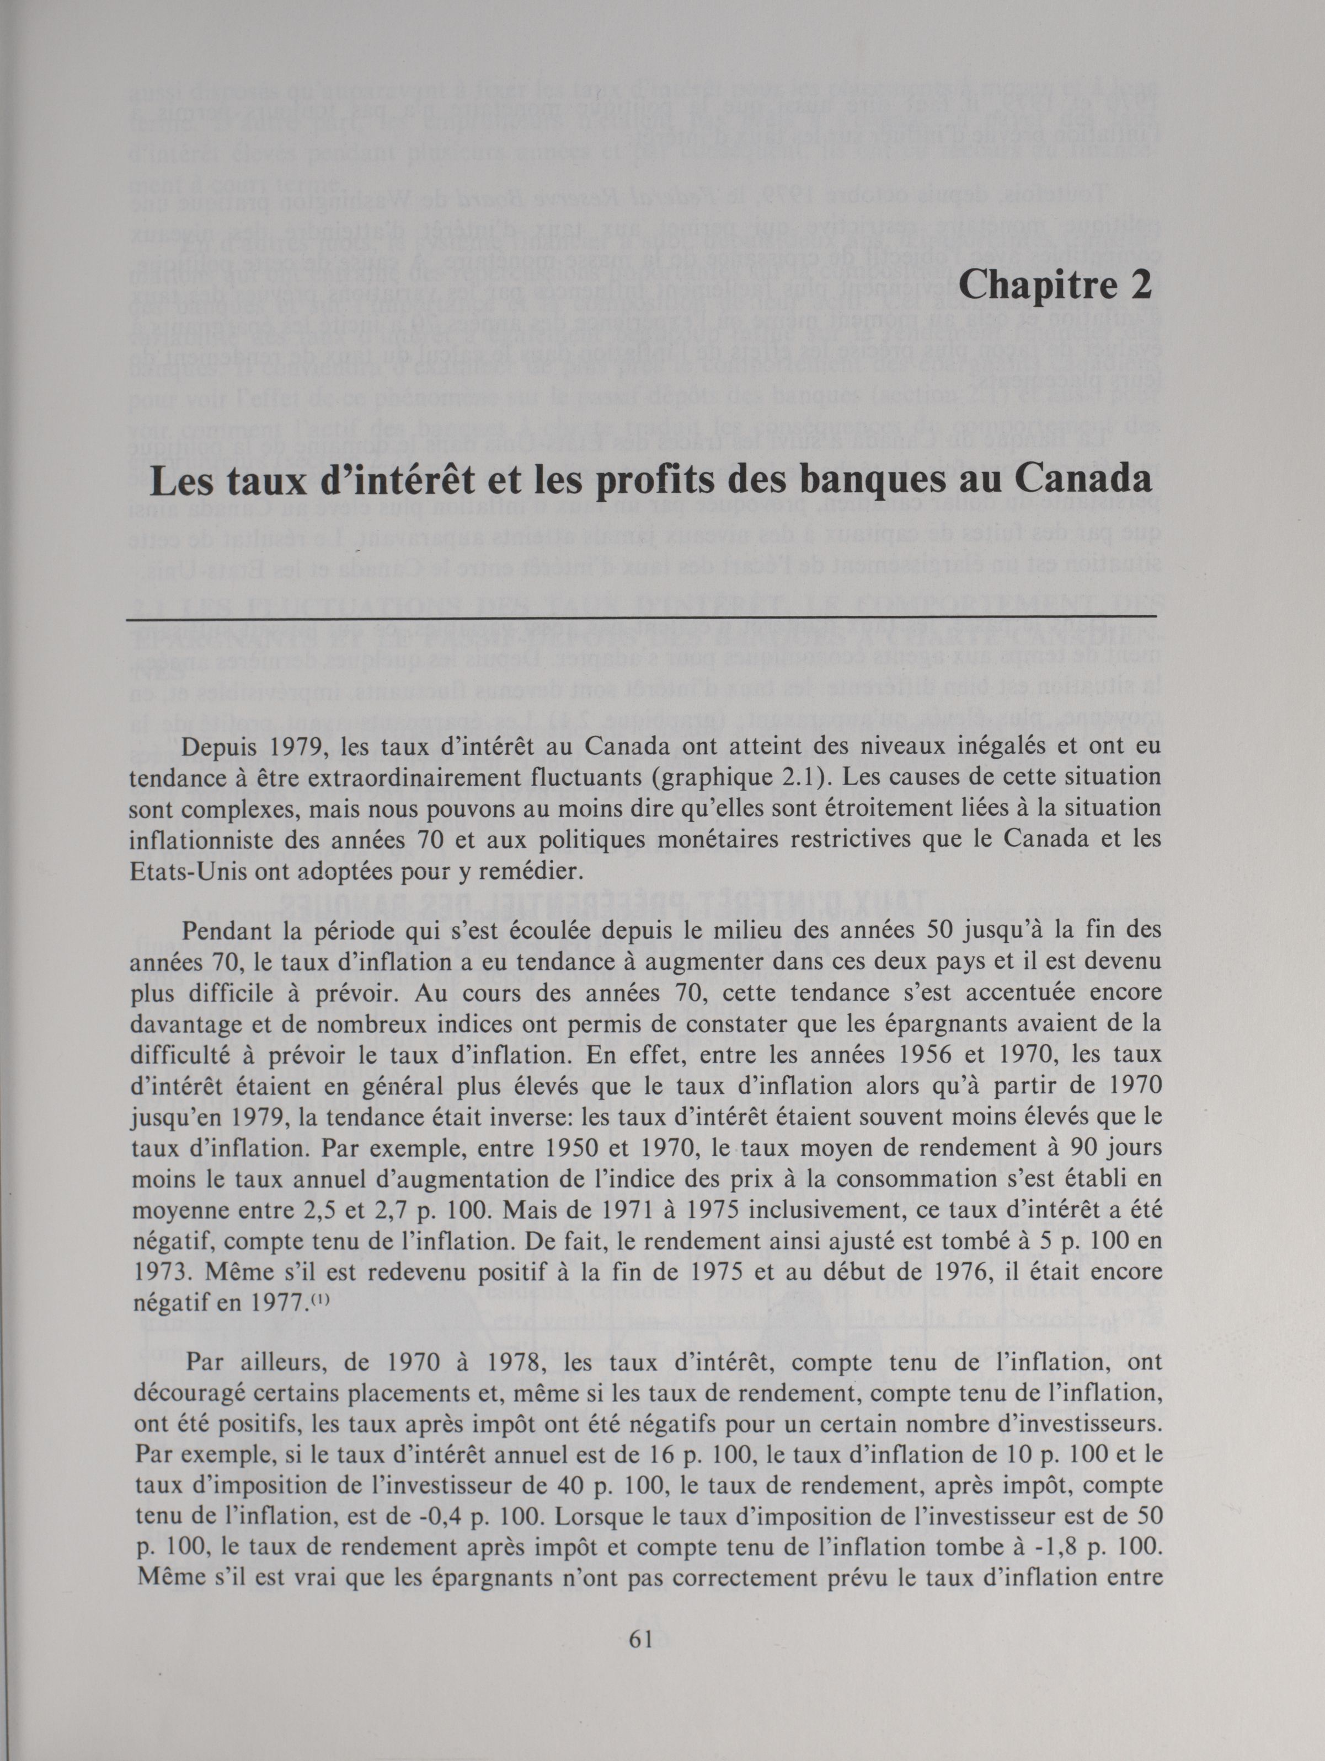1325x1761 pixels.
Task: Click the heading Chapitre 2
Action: [1056, 285]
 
